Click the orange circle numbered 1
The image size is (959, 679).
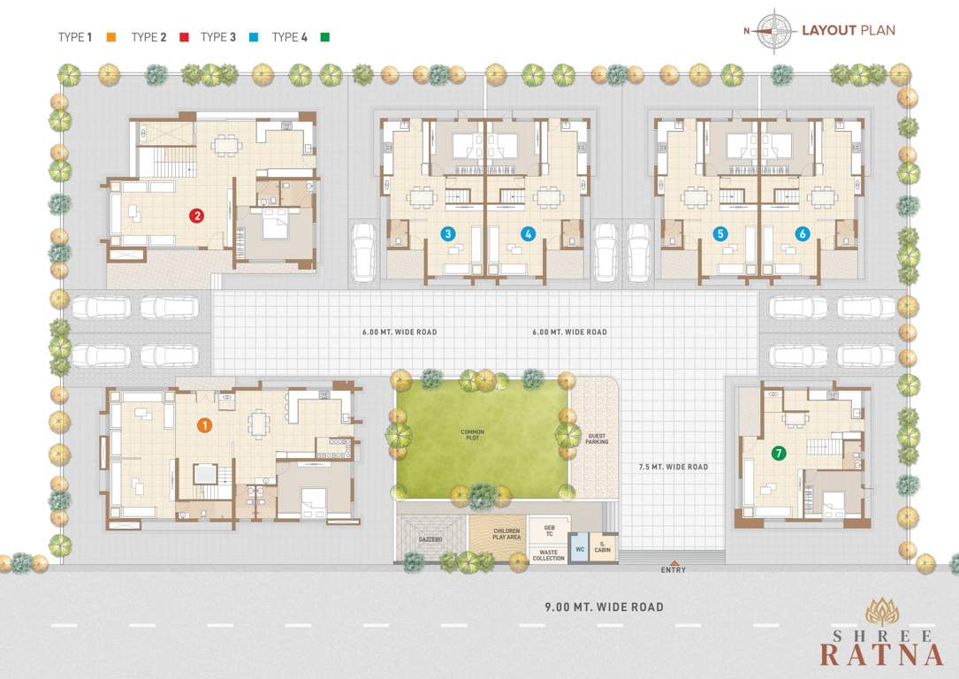[x=204, y=425]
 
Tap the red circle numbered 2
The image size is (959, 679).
[x=196, y=215]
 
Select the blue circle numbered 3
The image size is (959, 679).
[x=449, y=234]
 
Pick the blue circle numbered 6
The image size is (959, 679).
[x=802, y=234]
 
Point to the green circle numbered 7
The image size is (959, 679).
[x=778, y=453]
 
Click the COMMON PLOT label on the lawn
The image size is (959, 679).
[x=472, y=434]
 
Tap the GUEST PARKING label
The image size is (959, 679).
[x=597, y=439]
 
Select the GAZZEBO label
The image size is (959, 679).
[x=430, y=538]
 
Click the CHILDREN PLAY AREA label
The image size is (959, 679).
[x=507, y=534]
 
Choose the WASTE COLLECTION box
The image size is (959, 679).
[x=548, y=554]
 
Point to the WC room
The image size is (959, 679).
[x=580, y=549]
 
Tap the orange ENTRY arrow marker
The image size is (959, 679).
[x=674, y=562]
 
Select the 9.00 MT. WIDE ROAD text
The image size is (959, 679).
[x=603, y=607]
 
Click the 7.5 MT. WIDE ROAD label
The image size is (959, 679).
[x=674, y=467]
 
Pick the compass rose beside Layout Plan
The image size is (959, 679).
[x=773, y=31]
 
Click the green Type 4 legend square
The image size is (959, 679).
[x=325, y=37]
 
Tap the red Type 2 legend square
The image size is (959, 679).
[x=185, y=37]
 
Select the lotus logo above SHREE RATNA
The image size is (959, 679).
[x=882, y=612]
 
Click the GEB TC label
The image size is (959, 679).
[x=549, y=531]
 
